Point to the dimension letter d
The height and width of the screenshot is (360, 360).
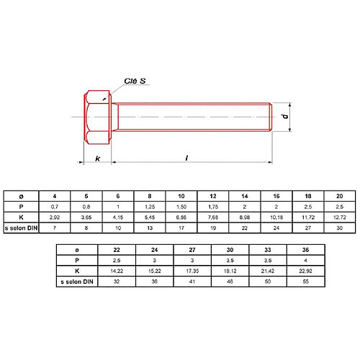tap(284, 116)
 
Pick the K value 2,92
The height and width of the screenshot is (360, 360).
tap(54, 217)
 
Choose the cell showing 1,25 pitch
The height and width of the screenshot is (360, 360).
tap(150, 206)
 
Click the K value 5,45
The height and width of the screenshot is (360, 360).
tap(150, 217)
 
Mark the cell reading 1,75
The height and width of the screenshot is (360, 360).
tap(213, 206)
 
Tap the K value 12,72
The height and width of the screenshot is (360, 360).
tap(340, 217)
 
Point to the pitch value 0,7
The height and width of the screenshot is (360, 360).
tap(54, 206)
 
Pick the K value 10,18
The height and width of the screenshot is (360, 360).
tap(276, 217)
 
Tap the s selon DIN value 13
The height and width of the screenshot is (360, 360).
tap(150, 228)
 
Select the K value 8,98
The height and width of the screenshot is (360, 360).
tap(245, 217)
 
